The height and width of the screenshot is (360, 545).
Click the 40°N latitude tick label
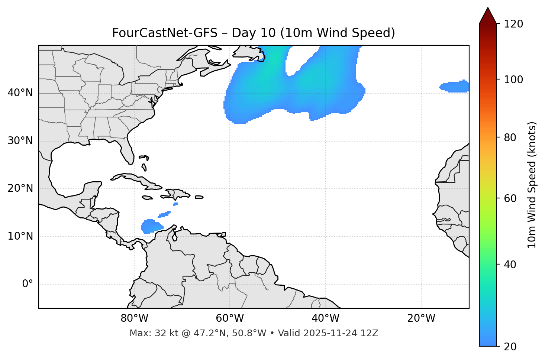(20, 93)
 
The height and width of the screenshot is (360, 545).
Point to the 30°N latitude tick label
(20, 141)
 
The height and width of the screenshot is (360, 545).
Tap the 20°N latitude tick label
(20, 188)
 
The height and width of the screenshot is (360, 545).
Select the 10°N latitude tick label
(20, 236)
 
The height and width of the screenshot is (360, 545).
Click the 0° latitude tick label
(28, 284)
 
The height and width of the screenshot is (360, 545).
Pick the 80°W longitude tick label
(134, 318)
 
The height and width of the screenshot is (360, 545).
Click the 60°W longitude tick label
(230, 318)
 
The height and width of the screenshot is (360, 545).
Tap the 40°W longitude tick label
(325, 318)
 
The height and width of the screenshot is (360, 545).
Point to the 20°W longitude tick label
(421, 318)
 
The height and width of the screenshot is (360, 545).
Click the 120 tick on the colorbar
(513, 24)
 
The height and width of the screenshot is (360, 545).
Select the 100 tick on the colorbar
(513, 80)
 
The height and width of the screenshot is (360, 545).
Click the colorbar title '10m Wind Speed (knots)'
(532, 185)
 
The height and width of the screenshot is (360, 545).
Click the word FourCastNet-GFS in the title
(165, 33)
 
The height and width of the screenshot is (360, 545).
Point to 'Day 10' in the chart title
(254, 33)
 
